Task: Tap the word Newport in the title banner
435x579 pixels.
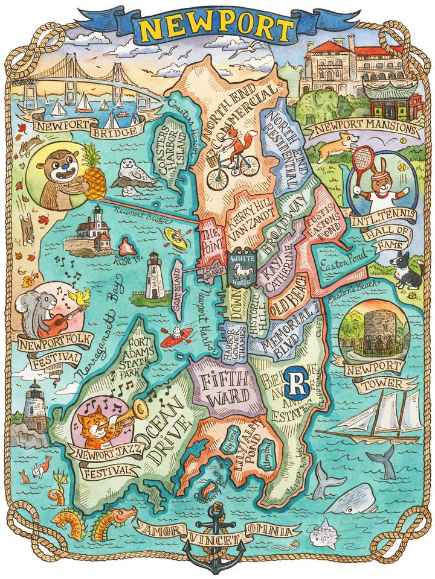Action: (217, 27)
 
